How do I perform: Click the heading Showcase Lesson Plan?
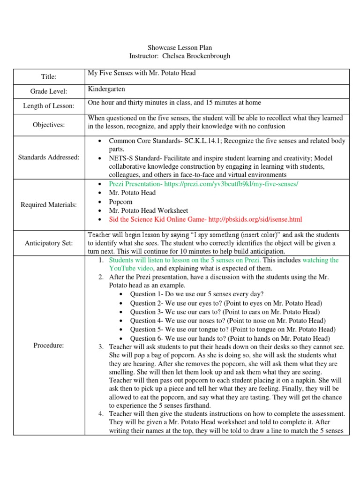(180, 48)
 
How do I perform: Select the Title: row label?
(49, 76)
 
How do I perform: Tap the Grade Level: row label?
(49, 91)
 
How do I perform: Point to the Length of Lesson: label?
(49, 106)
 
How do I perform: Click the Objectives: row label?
(49, 125)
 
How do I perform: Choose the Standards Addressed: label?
(49, 157)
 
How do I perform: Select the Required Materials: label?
(49, 204)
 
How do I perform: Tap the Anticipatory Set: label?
(49, 243)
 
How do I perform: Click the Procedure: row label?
(49, 345)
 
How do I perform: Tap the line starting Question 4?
(227, 321)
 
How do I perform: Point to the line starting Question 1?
(196, 294)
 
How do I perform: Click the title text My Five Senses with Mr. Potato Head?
(142, 73)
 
